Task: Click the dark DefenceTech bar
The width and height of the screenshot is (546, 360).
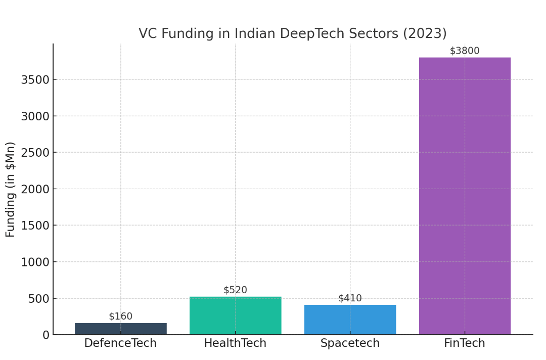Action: pos(120,329)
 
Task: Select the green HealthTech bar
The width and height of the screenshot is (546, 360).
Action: pos(235,316)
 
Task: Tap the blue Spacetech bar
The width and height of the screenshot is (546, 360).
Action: pos(350,320)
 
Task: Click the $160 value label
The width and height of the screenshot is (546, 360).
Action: pos(120,317)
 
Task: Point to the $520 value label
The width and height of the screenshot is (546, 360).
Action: pos(235,290)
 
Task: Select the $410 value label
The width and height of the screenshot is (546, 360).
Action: pos(350,298)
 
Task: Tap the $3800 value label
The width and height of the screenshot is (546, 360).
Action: pos(465,51)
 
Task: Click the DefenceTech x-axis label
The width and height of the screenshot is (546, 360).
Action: pos(120,343)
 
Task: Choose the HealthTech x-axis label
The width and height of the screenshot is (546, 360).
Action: pos(235,343)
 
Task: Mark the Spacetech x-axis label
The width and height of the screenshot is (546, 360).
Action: pos(350,343)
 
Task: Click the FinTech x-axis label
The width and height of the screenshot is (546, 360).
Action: pos(465,343)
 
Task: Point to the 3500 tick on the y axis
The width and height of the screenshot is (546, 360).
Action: pos(35,80)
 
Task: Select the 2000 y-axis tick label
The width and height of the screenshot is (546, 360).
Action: pos(35,189)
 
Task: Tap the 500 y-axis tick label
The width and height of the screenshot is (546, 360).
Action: pos(38,298)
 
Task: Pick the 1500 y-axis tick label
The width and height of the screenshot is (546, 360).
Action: pos(35,226)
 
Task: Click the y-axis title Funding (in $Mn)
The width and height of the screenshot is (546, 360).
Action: pos(11,189)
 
